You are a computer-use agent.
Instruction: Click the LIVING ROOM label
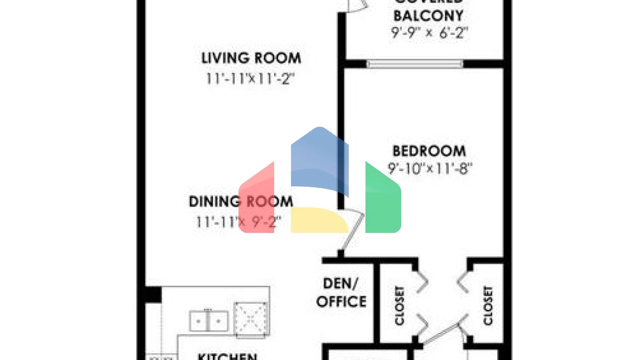pos(251,58)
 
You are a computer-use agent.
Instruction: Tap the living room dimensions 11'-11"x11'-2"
pos(250,78)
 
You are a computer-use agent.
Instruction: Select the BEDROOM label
pos(429,151)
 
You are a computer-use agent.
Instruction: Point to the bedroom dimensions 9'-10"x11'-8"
pos(430,168)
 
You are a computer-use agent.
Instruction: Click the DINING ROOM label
pos(241,202)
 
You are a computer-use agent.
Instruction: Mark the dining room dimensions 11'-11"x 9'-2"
pos(239,222)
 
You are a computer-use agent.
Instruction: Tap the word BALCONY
pos(428,16)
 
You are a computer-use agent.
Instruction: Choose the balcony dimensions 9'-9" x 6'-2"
pos(429,32)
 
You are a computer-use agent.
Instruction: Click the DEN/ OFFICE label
pos(341,292)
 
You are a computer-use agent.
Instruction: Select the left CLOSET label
pos(399,305)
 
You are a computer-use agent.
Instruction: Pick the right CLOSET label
pos(488,305)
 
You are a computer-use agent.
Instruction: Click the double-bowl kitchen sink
pos(208,321)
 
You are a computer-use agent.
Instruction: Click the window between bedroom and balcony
pos(415,64)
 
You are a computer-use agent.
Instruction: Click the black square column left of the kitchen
pos(152,294)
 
